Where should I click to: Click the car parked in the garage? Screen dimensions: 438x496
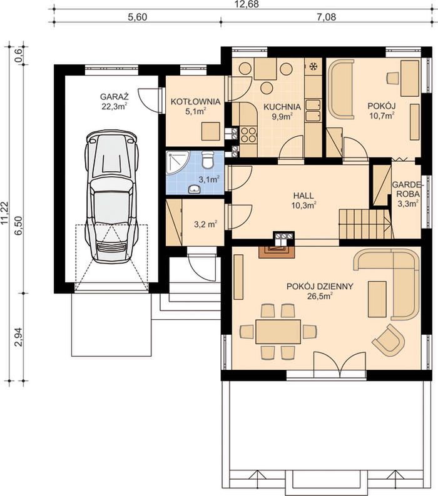pos(111,196)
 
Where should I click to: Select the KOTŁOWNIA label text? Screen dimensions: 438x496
pos(196,102)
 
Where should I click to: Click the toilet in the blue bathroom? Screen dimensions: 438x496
pos(208,159)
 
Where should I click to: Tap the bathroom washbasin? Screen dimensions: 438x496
pos(193,189)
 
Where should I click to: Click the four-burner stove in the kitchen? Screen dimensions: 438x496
pos(248,134)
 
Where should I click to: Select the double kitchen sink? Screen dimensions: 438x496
pos(313,111)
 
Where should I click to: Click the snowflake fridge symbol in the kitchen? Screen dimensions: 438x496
pos(313,66)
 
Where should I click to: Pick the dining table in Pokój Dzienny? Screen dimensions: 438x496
pos(278,332)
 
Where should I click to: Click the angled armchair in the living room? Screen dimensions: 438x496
pos(389,340)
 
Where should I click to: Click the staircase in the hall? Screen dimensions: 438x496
pos(364,224)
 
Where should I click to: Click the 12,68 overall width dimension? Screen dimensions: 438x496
pos(245,4)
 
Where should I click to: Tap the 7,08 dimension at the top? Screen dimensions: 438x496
pos(327,17)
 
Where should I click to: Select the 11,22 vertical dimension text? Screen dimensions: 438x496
pos(4,212)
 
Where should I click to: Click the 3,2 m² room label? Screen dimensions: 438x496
pos(205,225)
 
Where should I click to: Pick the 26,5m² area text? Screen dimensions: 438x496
pos(320,296)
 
